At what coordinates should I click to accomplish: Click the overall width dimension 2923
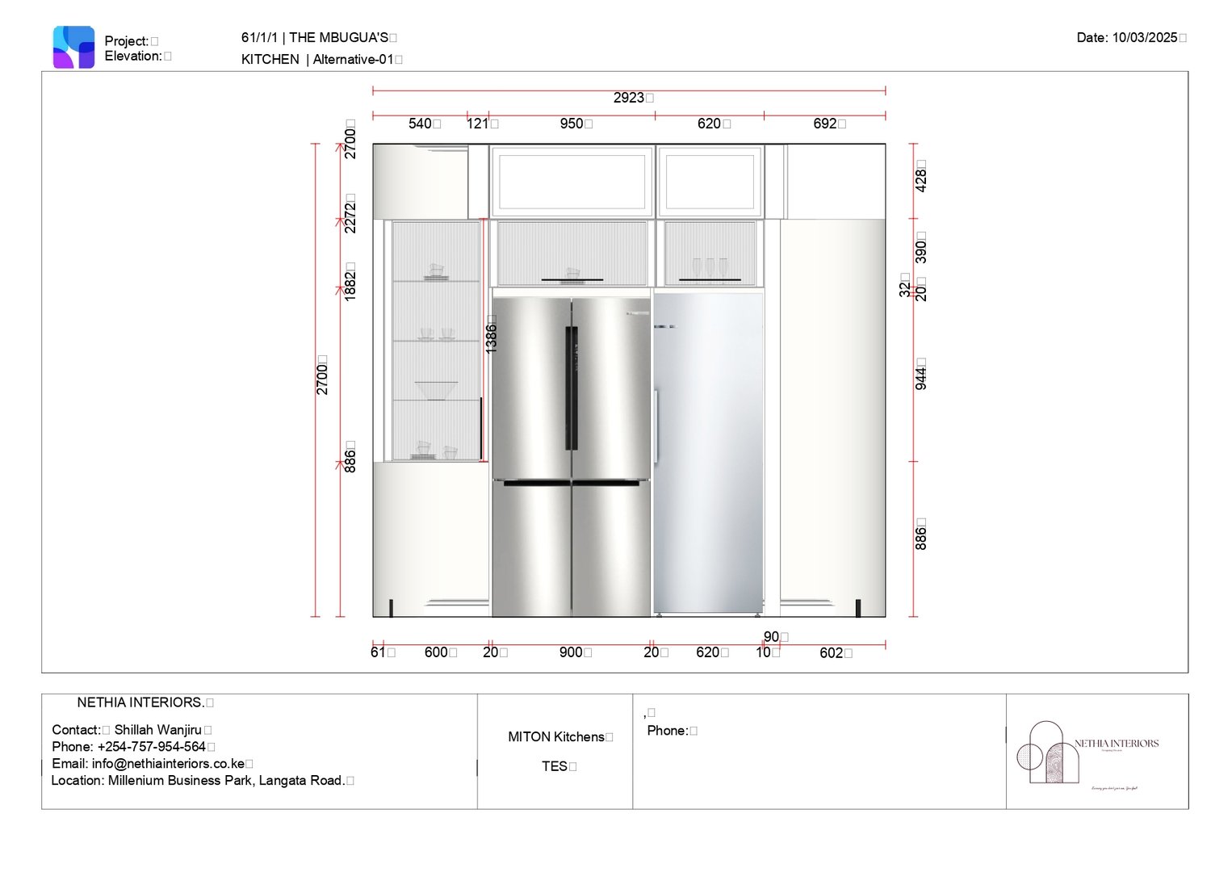pos(629,98)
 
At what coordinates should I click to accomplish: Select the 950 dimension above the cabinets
pos(572,124)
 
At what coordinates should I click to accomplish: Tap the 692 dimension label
pos(825,124)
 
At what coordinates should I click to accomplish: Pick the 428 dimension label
pos(920,178)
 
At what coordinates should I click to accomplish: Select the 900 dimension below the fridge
pos(571,652)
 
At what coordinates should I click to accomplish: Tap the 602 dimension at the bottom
pos(832,653)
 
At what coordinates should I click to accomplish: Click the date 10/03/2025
pos(1144,38)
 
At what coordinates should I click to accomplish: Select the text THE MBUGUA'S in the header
pos(338,38)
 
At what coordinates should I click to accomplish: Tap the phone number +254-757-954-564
pos(151,747)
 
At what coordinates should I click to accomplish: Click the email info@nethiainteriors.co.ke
pos(168,764)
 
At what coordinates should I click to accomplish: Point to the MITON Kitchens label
pos(555,737)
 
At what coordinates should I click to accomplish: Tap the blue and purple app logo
pos(73,47)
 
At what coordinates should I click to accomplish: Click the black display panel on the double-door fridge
pos(572,388)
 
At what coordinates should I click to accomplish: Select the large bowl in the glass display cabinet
pos(436,390)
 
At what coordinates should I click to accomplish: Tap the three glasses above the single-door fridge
pos(710,267)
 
